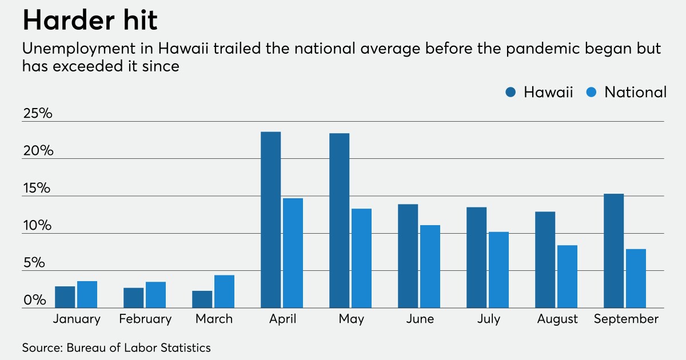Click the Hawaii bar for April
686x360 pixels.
(270, 220)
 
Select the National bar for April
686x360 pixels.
(293, 253)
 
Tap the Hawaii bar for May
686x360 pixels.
(339, 221)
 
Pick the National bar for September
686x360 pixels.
(636, 278)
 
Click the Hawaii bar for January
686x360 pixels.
(65, 297)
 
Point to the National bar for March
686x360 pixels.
(224, 291)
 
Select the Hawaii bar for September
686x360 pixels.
(613, 251)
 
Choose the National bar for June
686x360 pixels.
(430, 266)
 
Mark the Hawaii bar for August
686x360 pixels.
(545, 260)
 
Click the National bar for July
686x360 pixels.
(498, 270)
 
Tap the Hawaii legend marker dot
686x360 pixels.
(511, 93)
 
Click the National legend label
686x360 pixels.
(635, 93)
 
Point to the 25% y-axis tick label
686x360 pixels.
(38, 113)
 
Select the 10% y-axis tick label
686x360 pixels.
(38, 225)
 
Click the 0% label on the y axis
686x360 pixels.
(34, 300)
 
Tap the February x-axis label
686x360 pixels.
(145, 319)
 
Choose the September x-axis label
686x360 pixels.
(626, 319)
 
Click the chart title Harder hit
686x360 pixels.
(90, 21)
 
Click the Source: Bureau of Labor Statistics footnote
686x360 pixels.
(117, 347)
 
